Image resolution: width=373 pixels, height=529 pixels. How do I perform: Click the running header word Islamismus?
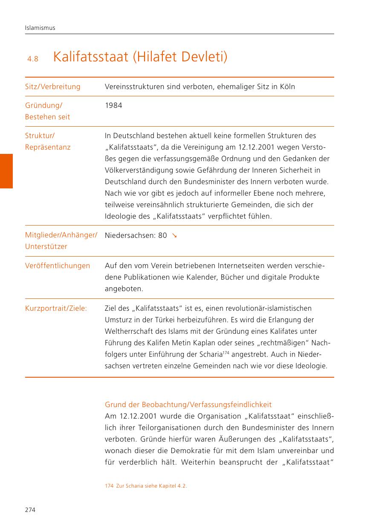(40, 28)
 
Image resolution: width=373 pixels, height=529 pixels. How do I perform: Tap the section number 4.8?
(33, 59)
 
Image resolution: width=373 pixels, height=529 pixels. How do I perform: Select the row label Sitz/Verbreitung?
(52, 87)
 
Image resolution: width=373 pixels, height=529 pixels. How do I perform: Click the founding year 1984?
(113, 105)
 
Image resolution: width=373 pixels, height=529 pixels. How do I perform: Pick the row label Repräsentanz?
(48, 147)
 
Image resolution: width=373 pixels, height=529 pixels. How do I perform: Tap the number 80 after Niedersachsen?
(162, 235)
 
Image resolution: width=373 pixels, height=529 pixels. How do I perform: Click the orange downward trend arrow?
(174, 235)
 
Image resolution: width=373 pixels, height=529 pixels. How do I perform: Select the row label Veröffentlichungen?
(58, 266)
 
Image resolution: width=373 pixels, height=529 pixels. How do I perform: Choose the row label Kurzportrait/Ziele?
(56, 308)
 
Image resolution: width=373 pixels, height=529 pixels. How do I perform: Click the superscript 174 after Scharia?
(226, 353)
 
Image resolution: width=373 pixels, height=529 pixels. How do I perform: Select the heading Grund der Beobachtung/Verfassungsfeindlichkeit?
(188, 405)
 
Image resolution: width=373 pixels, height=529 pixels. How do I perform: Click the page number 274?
(30, 510)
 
